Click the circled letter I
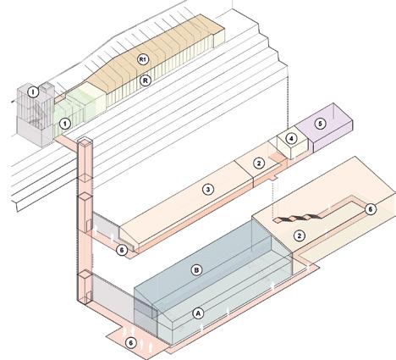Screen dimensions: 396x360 [33, 92]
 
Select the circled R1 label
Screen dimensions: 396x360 [143, 59]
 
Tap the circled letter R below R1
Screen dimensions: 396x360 [146, 80]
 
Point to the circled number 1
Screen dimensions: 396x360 [65, 124]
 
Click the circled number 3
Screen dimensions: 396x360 [208, 190]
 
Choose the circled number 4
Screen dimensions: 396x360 [291, 138]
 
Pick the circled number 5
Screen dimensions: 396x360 [320, 124]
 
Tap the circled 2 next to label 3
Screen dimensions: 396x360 [259, 163]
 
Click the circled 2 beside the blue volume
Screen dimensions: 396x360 [300, 235]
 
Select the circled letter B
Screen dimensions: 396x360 [196, 270]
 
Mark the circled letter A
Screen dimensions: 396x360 [198, 313]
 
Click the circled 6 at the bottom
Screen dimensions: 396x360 [130, 343]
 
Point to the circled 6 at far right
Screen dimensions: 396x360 [371, 209]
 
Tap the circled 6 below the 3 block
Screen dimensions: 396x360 [122, 250]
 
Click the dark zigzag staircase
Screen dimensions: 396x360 [297, 219]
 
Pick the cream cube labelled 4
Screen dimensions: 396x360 [292, 144]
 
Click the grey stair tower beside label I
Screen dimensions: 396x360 [36, 115]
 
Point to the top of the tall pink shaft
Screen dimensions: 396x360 [85, 141]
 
